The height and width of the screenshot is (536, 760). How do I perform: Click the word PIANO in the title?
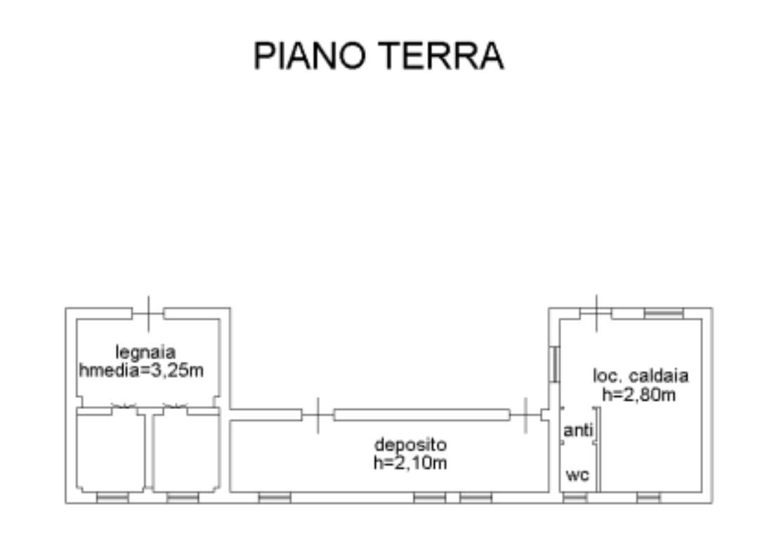pos(309,55)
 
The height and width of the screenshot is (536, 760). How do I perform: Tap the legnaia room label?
pos(145,352)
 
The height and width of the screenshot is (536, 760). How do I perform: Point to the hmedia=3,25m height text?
pos(141,370)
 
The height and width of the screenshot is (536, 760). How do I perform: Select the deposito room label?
pos(410,445)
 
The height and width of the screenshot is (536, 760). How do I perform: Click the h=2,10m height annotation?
pos(410,463)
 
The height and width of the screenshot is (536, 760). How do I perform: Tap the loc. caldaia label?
pos(641,376)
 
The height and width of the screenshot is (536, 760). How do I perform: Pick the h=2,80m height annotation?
pos(638,394)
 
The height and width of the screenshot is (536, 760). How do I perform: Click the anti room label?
pos(578,429)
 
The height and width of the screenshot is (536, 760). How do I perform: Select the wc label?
pos(577,475)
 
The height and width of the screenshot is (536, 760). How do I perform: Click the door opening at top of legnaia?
pos(148,314)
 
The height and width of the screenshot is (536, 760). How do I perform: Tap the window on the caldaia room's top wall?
pos(664,314)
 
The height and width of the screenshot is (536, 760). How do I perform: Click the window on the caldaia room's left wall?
pos(554,363)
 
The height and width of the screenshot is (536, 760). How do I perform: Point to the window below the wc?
pos(575,497)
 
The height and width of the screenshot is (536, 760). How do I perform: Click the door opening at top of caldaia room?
pos(596,314)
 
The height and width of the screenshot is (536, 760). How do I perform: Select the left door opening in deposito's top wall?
pos(318,415)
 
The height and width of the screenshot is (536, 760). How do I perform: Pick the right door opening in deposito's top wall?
pos(525,415)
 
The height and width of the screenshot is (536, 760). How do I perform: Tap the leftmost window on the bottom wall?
pos(112,497)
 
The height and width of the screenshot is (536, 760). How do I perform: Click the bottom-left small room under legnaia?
pos(111,450)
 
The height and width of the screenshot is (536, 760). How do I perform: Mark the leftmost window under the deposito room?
pos(275,497)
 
